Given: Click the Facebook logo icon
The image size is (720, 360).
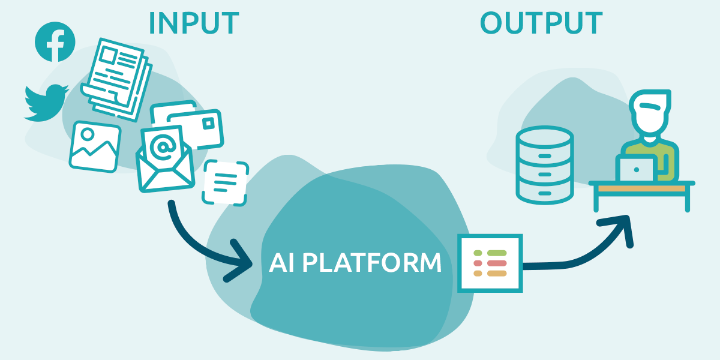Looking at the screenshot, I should pos(55,41).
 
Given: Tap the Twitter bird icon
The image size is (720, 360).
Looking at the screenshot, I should pos(46,103).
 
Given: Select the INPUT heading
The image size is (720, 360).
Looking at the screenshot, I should pos(193,23).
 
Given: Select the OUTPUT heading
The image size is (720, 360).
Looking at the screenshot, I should pos(541,23).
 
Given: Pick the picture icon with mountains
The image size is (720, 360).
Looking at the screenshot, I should pos(95,146).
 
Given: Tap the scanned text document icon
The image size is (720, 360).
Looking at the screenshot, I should pos(225,182).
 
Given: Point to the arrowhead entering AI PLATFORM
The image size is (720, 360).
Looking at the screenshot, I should pos(240,261).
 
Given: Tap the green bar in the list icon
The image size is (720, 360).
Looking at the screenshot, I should pos(497,253).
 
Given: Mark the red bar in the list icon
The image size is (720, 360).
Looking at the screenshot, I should pos(497,263).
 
